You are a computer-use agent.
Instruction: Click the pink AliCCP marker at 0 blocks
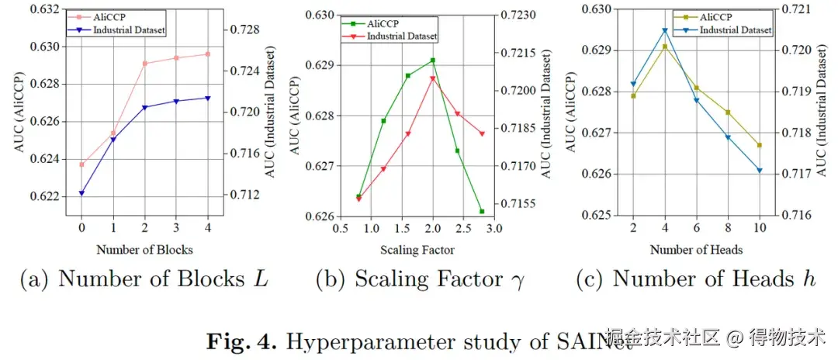pos(81,164)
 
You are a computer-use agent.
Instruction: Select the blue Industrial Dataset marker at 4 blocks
pos(207,98)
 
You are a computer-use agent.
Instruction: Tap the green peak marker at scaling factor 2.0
pos(432,61)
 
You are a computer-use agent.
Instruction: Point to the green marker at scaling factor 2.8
pos(482,211)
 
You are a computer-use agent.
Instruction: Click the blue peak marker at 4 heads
pos(665,31)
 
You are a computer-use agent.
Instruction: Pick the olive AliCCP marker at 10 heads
pos(760,145)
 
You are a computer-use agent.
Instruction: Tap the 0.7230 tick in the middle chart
pos(513,15)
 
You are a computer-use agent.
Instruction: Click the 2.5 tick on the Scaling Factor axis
pos(463,230)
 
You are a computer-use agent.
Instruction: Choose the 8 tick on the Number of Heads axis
pos(728,230)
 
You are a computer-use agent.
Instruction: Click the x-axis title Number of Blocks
pos(144,250)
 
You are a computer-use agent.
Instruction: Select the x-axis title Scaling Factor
pos(417,250)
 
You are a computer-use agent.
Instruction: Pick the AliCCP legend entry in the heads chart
pos(717,17)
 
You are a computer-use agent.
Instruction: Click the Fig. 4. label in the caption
pos(235,339)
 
